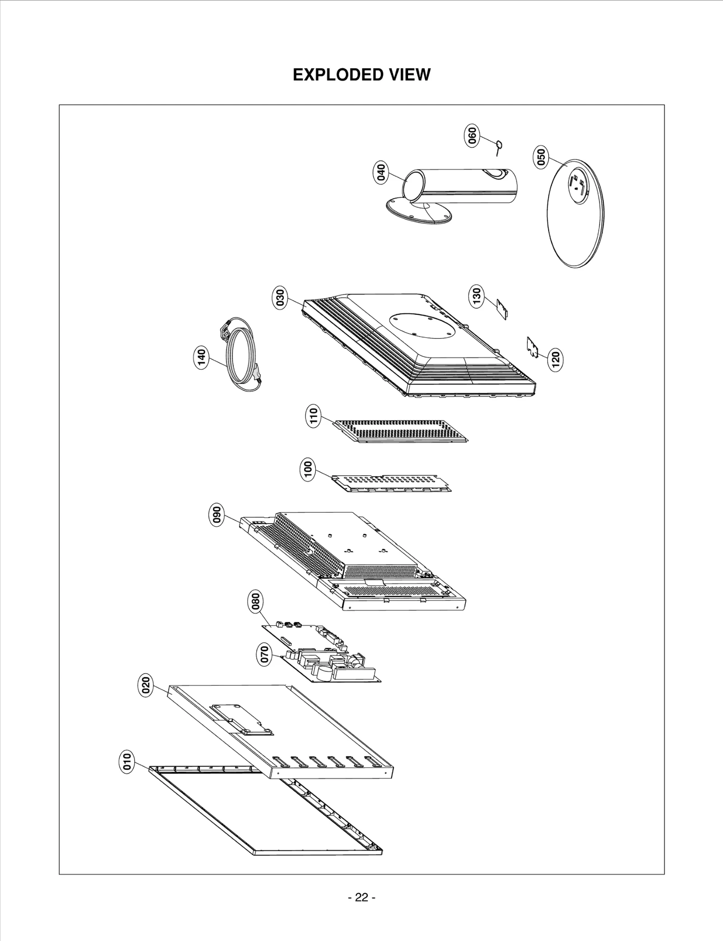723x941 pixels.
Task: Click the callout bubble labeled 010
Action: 127,762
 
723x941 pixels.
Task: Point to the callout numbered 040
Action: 381,173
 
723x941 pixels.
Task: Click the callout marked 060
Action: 471,136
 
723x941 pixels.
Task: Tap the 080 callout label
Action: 256,603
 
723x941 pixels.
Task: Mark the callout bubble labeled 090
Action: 217,515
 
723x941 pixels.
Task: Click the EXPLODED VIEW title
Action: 361,75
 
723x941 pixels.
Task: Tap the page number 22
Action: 361,897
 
